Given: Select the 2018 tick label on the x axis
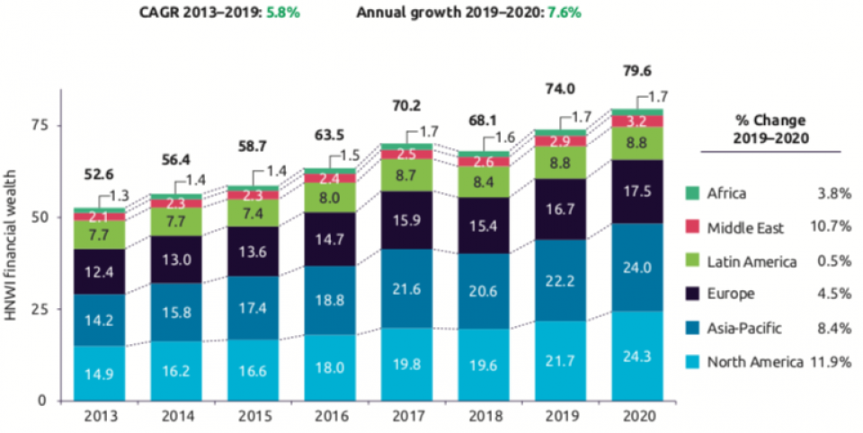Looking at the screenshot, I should tap(484, 417).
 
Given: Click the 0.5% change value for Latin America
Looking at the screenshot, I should tap(832, 261).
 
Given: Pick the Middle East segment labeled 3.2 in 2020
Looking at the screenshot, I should tap(638, 120).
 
